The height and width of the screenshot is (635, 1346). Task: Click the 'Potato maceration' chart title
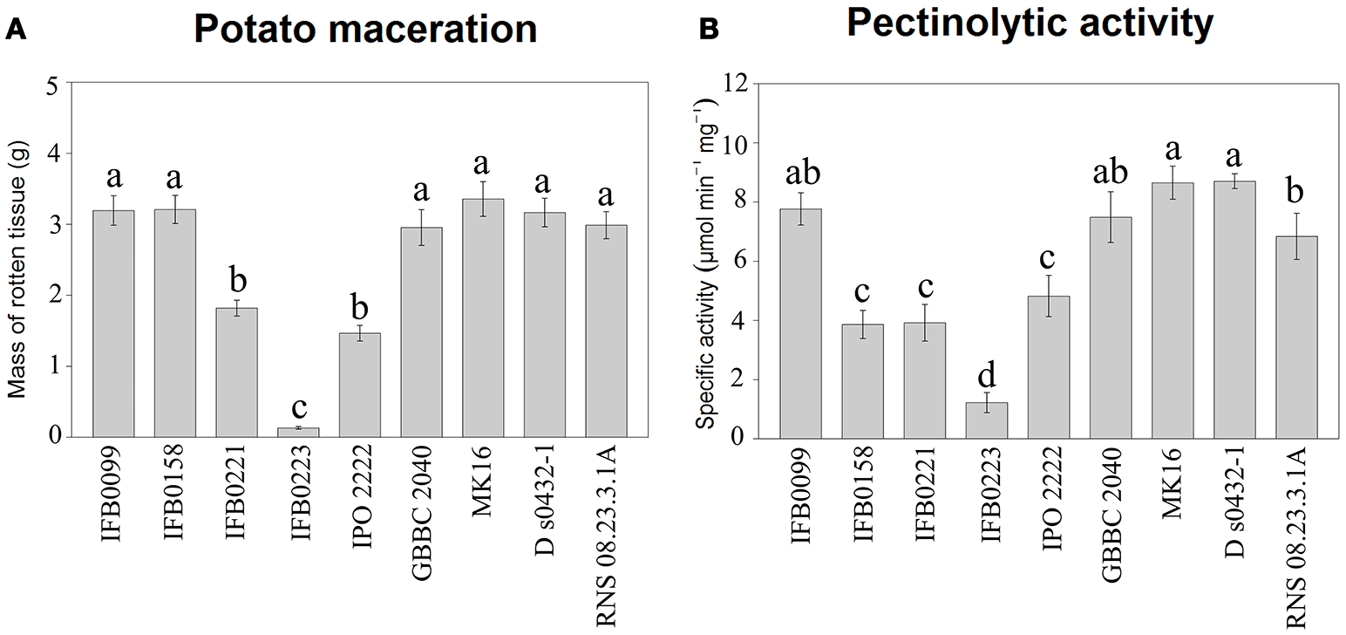[x=364, y=29]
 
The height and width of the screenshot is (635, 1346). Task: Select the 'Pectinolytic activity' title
[x=1030, y=25]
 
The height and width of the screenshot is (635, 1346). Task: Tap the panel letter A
[x=15, y=30]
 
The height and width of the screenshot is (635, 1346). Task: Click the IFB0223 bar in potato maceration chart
[x=298, y=432]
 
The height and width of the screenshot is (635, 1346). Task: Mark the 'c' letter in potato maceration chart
[x=298, y=408]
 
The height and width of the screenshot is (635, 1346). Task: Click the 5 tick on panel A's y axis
[x=54, y=84]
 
